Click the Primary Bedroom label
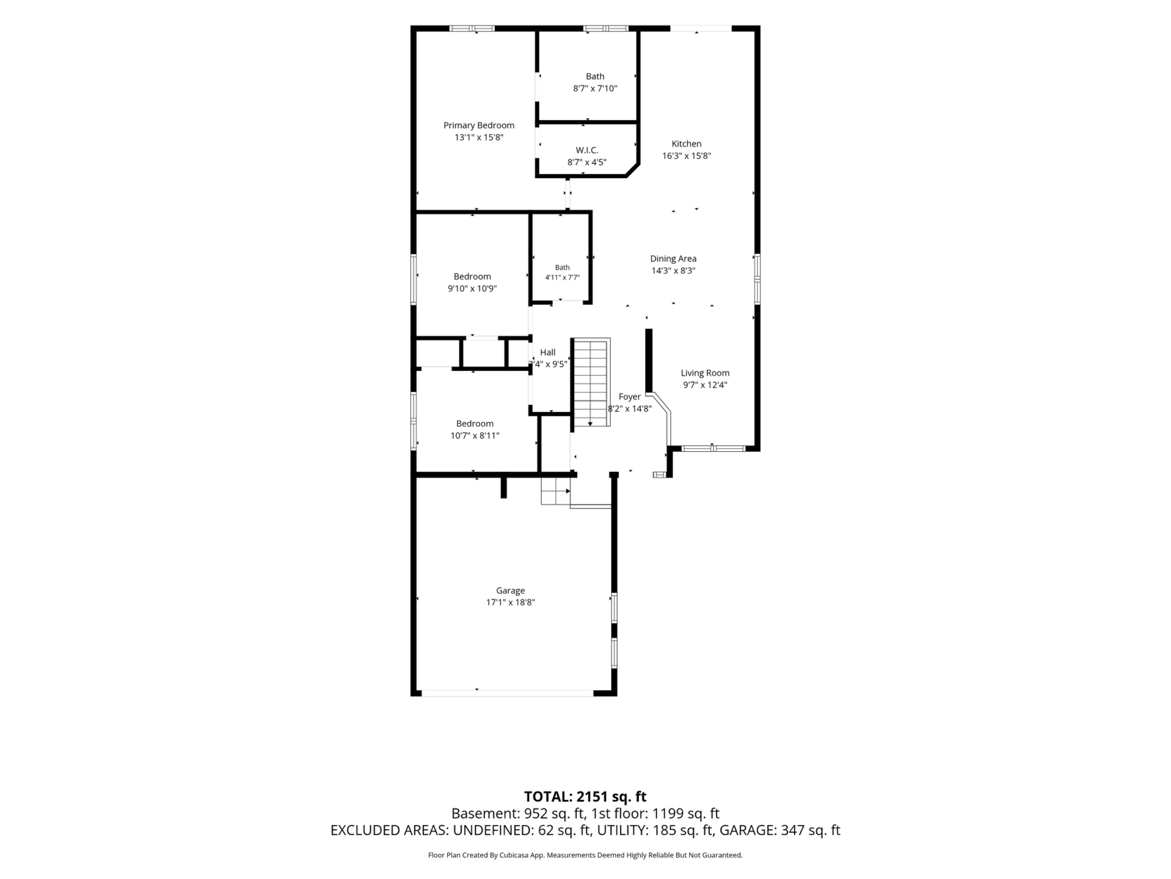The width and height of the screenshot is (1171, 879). (x=478, y=125)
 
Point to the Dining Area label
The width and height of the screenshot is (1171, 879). (x=673, y=259)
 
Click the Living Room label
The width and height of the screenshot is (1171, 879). (x=705, y=373)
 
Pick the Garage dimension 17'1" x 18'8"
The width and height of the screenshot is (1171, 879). (x=510, y=602)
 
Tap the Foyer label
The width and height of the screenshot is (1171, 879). (x=629, y=397)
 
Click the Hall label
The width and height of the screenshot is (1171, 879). (x=547, y=352)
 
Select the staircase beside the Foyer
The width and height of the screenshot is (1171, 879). (x=590, y=382)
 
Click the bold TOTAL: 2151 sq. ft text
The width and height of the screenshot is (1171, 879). (x=585, y=797)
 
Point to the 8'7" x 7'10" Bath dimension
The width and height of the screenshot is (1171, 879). (x=595, y=89)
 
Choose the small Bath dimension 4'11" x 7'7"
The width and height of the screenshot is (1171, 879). (x=562, y=277)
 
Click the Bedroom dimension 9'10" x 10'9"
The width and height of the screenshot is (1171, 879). (x=472, y=289)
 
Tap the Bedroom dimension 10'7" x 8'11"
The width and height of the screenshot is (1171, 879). (x=475, y=436)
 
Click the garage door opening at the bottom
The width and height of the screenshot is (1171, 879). (x=507, y=693)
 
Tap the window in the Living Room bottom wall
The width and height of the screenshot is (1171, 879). (x=713, y=449)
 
